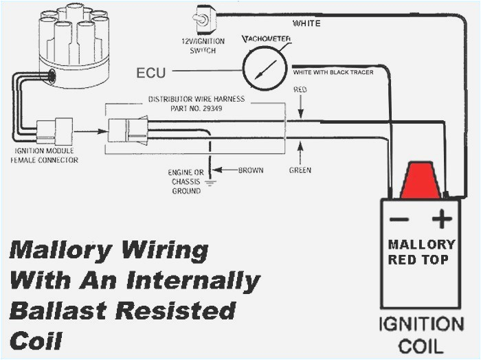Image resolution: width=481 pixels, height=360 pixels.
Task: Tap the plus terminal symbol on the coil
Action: coord(442,220)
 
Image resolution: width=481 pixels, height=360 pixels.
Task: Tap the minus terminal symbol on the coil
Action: coord(399,220)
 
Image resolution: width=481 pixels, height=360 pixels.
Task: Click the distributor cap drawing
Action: coord(71,38)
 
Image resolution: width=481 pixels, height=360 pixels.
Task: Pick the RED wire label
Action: coord(300,90)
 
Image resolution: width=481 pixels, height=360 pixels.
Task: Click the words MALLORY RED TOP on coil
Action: coord(421,251)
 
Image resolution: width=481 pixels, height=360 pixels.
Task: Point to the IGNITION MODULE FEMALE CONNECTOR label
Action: coord(44,155)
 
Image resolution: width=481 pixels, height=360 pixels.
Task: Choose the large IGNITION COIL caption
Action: coord(421,334)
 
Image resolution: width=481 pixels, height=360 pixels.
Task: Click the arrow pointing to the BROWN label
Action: coord(226,169)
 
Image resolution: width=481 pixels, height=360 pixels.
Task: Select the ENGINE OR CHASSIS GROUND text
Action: coord(185,181)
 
